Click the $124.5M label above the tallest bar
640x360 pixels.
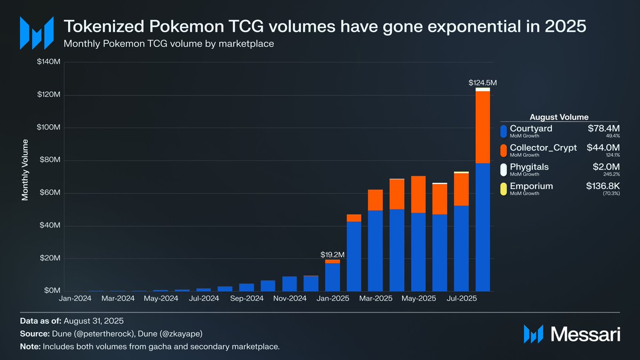(x=483, y=83)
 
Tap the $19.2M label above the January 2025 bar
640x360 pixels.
(x=332, y=254)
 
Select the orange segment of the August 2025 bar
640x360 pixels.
(x=483, y=127)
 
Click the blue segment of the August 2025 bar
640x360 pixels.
(x=483, y=227)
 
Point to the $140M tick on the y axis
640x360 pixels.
(x=48, y=62)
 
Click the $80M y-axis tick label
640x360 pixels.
(x=50, y=161)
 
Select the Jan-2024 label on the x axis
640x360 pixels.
(x=75, y=299)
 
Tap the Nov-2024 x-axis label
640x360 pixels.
(x=290, y=299)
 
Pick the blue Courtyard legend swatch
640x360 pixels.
(x=503, y=131)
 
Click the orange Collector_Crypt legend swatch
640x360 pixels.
(x=503, y=150)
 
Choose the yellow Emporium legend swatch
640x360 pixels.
(x=503, y=188)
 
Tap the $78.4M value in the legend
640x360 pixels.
(x=603, y=129)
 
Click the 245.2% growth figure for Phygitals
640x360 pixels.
(x=610, y=174)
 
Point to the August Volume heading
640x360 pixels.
(x=559, y=117)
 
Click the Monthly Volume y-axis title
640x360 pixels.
(x=25, y=170)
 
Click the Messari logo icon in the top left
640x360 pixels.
(x=37, y=33)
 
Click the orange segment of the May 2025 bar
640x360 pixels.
(x=418, y=194)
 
